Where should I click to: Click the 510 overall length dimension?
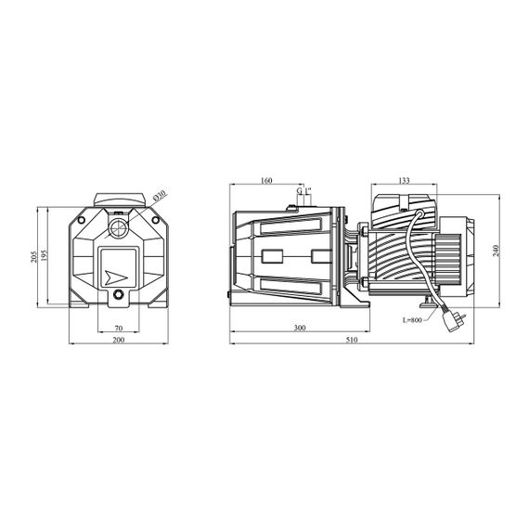352,340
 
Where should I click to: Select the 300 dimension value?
300,328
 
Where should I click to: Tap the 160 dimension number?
266,180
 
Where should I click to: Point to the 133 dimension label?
404,180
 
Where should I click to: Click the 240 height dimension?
496,251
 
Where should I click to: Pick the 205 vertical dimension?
33,257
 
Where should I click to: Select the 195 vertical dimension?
45,255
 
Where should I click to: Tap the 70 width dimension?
119,328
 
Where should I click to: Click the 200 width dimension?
119,340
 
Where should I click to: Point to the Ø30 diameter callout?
160,196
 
